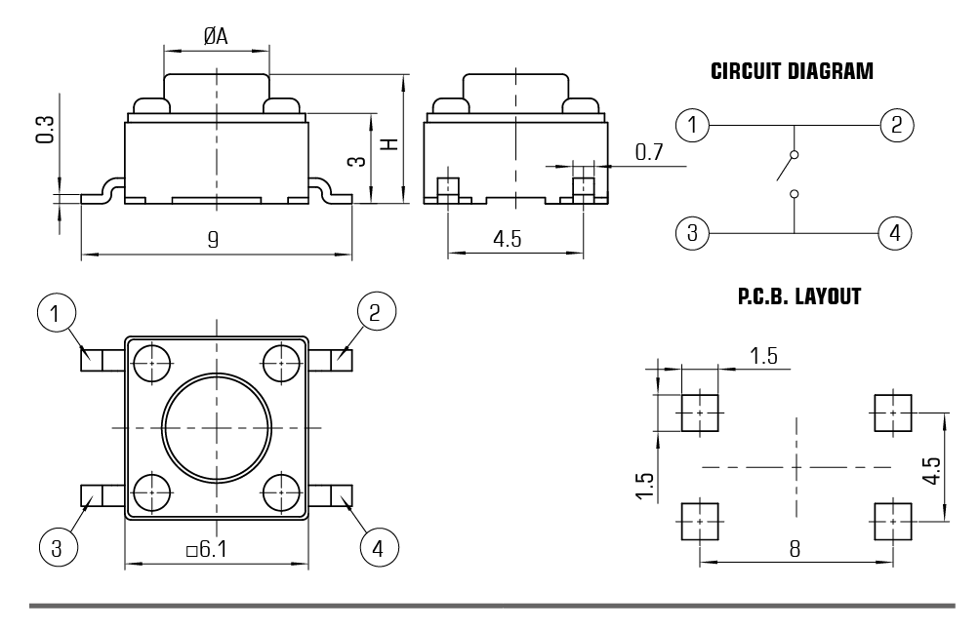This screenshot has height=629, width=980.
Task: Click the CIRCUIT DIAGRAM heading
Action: click(792, 72)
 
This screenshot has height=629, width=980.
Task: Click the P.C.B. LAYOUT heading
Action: click(798, 296)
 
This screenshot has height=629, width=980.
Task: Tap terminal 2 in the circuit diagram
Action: click(895, 125)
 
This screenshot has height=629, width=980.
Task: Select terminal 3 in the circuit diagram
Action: click(692, 233)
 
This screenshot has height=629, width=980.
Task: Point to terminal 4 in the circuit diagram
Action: click(895, 233)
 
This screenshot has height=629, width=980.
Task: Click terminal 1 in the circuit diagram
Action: click(692, 125)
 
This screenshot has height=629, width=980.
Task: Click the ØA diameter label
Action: click(216, 36)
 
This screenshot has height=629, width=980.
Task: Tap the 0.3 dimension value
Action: click(44, 129)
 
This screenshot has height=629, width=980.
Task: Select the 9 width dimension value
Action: click(214, 239)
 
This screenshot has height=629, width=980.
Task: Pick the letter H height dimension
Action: click(388, 143)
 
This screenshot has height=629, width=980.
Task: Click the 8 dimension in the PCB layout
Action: click(795, 549)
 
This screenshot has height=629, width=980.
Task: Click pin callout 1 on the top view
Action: click(56, 314)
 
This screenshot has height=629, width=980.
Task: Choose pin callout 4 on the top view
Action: click(378, 548)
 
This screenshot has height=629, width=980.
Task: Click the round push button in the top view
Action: click(216, 426)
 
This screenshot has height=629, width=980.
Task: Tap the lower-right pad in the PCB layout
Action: click(892, 521)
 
